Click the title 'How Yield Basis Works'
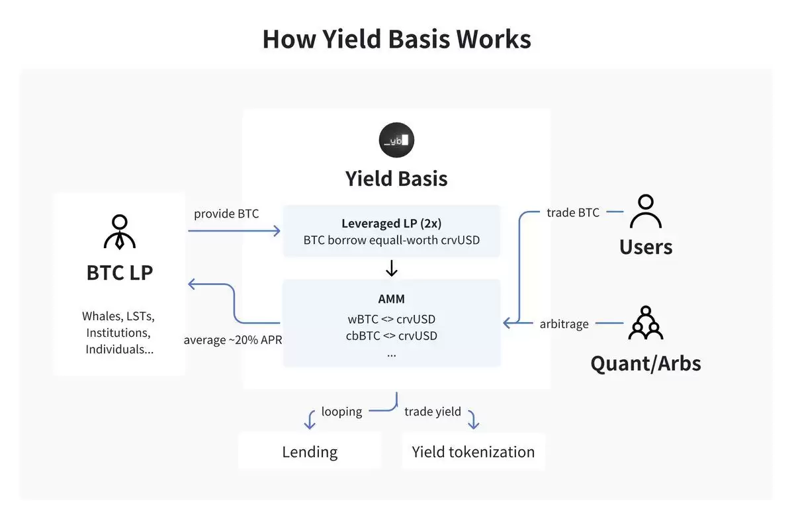coord(396,39)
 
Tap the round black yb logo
coord(396,140)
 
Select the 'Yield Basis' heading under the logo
coord(396,179)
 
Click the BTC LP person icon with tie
coord(120,232)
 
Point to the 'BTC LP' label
coord(120,272)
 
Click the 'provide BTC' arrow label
coord(226,214)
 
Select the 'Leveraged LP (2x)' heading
coord(391,224)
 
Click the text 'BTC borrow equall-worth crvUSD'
coord(391,240)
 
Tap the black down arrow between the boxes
coord(391,268)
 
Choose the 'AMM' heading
coord(391,299)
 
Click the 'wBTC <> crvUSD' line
coord(391,319)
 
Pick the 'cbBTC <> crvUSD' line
coord(391,335)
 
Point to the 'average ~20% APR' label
coord(233,340)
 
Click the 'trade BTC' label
coord(573,212)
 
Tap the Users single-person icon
coord(645,212)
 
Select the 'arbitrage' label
coord(563,324)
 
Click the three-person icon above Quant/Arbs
coord(645,323)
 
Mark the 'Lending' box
coord(310,452)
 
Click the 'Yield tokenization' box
coord(473,452)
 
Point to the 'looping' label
coord(341,412)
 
